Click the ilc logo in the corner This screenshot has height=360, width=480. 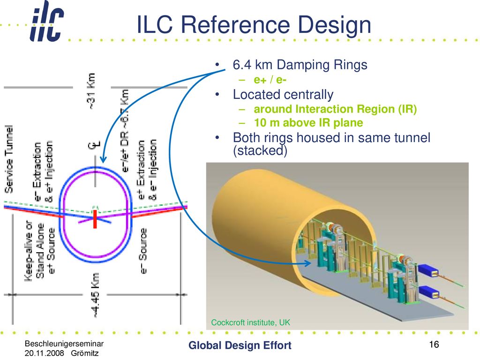(47, 22)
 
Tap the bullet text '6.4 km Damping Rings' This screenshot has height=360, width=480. (300, 65)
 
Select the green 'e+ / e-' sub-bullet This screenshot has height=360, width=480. (270, 80)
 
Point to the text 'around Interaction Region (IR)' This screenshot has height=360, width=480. (335, 109)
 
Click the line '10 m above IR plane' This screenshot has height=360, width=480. (308, 123)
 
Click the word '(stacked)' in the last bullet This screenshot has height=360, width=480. (260, 150)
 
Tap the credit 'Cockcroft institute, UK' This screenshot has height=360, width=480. (250, 322)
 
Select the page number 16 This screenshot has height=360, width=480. (434, 345)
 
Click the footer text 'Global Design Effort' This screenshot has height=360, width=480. (240, 345)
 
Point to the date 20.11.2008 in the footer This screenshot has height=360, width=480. (44, 353)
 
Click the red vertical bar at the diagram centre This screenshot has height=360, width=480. (95, 219)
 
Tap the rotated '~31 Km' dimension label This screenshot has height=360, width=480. (91, 91)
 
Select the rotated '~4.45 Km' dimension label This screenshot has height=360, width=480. (96, 295)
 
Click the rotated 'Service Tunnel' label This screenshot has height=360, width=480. (9, 159)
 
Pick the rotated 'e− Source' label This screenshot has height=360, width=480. (143, 251)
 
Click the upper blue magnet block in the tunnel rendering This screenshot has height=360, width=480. (429, 270)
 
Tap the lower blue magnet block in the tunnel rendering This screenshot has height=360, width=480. (429, 292)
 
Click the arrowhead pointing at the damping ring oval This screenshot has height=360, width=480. (103, 159)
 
